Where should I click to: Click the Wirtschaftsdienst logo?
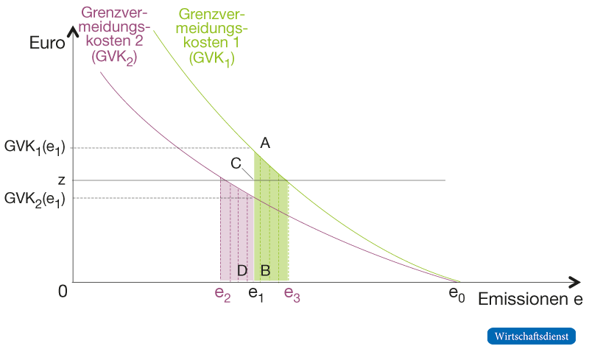click(x=531, y=336)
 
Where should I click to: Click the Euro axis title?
click(x=47, y=42)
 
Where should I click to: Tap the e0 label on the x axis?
click(x=457, y=294)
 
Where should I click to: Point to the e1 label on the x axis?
click(x=256, y=294)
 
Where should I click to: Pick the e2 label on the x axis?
click(x=222, y=294)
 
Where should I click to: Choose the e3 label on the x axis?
click(x=292, y=294)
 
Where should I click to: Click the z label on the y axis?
click(x=62, y=180)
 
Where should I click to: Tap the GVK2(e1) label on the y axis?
click(x=35, y=199)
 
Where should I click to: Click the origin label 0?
click(x=63, y=292)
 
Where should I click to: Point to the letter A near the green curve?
click(x=265, y=144)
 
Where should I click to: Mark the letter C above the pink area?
click(x=236, y=163)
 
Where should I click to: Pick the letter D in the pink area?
click(x=242, y=270)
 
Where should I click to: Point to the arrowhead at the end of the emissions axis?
click(x=574, y=281)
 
